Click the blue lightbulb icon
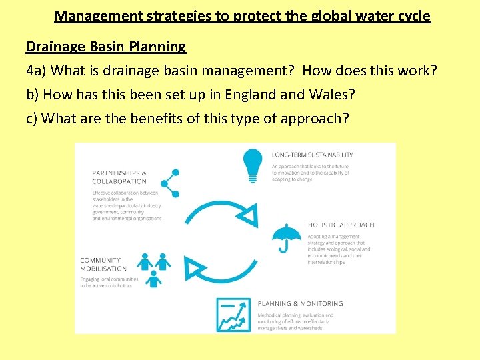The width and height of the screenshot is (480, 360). pyautogui.click(x=253, y=165)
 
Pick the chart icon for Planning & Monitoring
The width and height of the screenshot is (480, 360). pyautogui.click(x=233, y=315)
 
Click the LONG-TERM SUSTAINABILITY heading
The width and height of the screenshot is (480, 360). pyautogui.click(x=312, y=155)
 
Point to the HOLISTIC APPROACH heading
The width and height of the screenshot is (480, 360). pyautogui.click(x=341, y=225)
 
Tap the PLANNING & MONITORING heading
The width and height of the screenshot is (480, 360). pyautogui.click(x=300, y=303)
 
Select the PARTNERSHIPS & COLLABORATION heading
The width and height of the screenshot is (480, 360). pyautogui.click(x=119, y=177)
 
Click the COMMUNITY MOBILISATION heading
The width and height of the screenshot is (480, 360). pyautogui.click(x=103, y=264)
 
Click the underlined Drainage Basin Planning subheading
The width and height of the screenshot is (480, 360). pyautogui.click(x=106, y=47)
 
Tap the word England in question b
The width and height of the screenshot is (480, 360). pyautogui.click(x=251, y=94)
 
